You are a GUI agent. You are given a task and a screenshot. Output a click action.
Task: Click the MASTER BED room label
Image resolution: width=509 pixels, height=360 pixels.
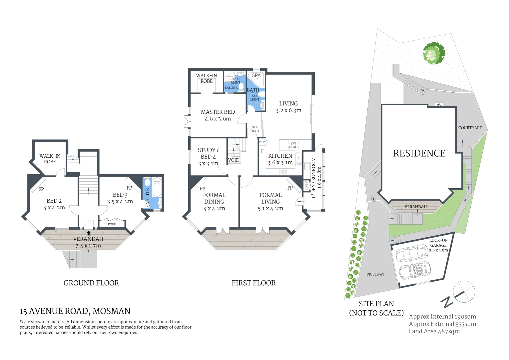(218, 112)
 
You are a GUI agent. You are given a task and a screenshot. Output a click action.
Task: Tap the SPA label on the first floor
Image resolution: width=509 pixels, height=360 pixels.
(256, 75)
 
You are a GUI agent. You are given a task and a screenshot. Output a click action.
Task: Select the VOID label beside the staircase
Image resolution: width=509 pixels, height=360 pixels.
(234, 160)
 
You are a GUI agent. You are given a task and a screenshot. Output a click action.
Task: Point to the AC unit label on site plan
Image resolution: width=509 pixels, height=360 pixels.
(439, 104)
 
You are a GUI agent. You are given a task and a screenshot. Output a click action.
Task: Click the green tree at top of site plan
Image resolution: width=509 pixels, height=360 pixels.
(434, 53)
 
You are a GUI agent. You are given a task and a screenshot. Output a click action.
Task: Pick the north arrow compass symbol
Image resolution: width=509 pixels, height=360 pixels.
(463, 292)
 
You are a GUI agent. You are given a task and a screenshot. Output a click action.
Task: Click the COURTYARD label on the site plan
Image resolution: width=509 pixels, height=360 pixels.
(470, 128)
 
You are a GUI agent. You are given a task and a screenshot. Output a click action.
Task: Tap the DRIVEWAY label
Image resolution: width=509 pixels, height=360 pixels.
(375, 274)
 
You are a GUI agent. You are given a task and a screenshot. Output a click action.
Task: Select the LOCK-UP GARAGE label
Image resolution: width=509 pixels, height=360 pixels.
(438, 243)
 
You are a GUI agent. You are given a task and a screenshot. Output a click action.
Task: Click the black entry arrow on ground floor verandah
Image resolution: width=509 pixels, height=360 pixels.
(88, 233)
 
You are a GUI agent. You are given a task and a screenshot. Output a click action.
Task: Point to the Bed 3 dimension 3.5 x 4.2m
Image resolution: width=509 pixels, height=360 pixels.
(120, 202)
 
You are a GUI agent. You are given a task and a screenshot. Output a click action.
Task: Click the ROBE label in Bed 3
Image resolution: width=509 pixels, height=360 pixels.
(112, 224)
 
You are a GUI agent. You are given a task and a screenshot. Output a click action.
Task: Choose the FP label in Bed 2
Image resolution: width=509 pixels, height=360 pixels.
(41, 189)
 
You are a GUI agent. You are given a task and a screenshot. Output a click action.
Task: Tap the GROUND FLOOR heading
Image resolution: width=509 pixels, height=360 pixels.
(91, 283)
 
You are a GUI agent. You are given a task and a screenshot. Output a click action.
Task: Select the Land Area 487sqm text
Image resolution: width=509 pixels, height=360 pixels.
(434, 331)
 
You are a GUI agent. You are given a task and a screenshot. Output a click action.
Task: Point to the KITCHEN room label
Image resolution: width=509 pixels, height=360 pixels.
(280, 156)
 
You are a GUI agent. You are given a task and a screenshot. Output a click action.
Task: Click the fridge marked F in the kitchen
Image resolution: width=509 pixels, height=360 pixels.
(262, 151)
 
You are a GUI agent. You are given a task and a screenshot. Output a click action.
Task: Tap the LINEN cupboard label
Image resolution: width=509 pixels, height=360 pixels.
(306, 186)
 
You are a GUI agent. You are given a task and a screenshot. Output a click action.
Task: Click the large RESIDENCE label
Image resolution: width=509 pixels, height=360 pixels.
(419, 153)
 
